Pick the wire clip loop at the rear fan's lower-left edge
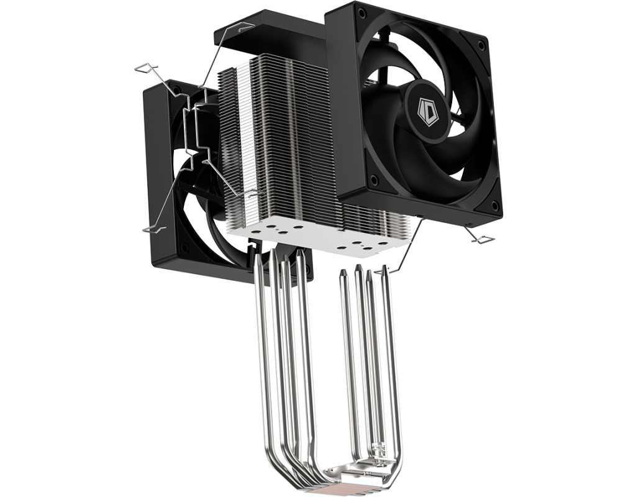[x=154, y=230]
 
